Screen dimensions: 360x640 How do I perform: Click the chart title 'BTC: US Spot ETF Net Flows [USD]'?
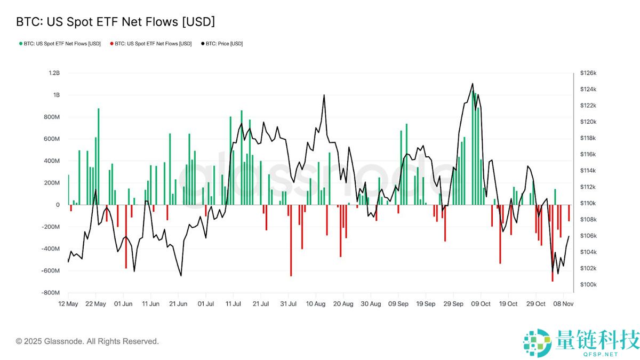[115, 22]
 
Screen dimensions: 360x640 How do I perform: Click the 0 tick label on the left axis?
[58, 205]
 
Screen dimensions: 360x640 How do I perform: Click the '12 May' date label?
[68, 304]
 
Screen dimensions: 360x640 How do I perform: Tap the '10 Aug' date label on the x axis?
[316, 304]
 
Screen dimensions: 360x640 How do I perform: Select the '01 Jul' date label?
[206, 304]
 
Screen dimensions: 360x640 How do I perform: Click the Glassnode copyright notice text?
[87, 341]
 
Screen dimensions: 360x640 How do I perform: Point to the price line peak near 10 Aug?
[324, 95]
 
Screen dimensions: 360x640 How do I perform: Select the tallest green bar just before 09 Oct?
[473, 148]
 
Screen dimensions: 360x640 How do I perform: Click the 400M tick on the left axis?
[52, 161]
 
